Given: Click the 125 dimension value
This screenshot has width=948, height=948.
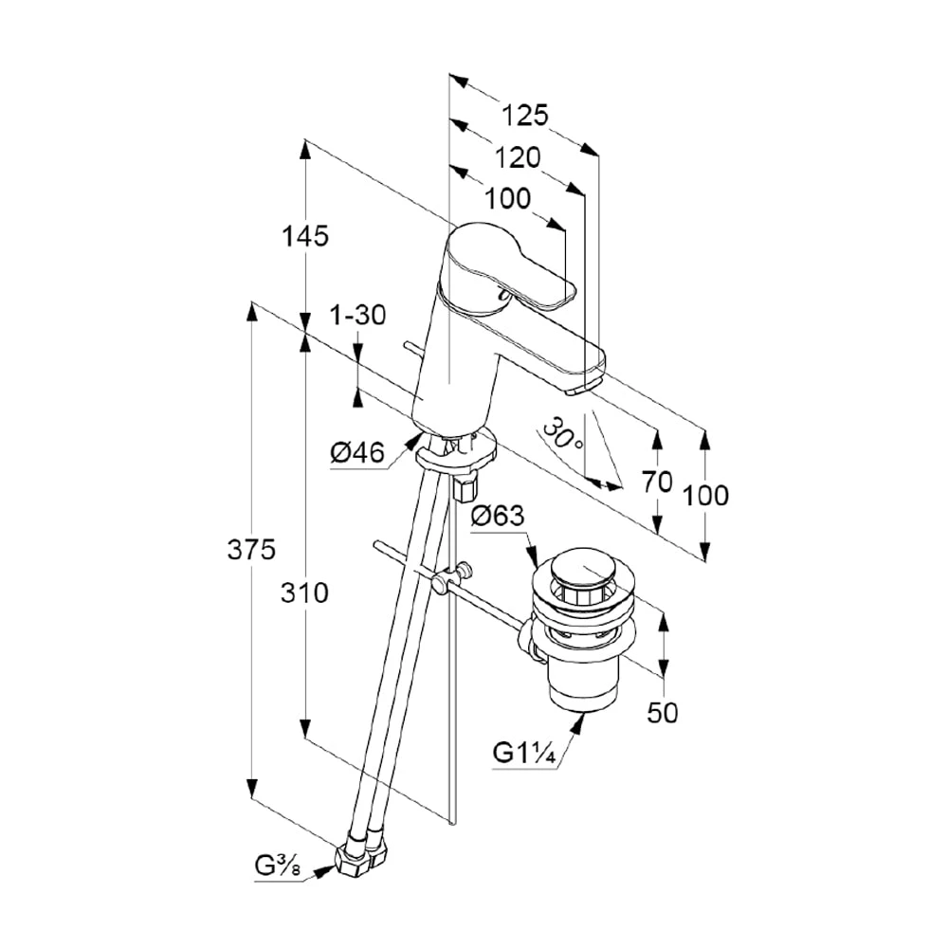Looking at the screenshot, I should [525, 116].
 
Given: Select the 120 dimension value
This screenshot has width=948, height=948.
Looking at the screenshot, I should [517, 157].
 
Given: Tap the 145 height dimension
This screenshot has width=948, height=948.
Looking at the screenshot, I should [305, 235].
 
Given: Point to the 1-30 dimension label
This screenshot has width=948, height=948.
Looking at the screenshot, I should [357, 316].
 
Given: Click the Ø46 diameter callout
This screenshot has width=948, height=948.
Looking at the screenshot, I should [357, 454].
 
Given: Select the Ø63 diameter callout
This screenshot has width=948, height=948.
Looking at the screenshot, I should [497, 516].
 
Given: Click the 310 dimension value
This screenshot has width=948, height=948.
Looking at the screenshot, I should [305, 593].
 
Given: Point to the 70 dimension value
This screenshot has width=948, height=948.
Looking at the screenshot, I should [657, 482].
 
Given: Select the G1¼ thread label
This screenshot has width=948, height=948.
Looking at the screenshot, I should [522, 754].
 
